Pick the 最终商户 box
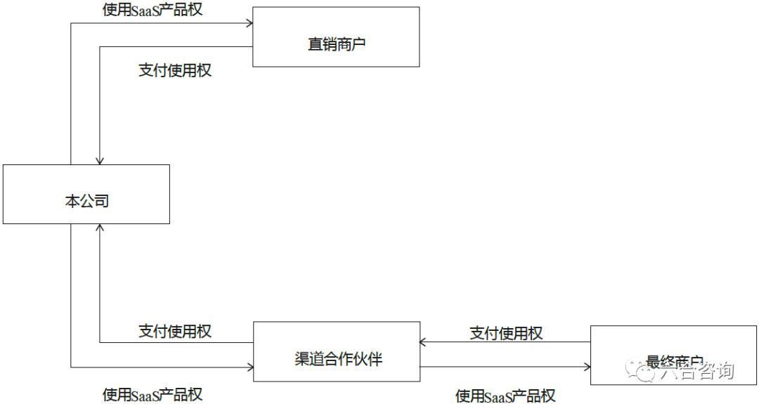coord(673,355)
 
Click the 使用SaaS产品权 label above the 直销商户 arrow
coord(153,11)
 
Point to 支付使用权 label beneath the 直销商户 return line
coord(175,70)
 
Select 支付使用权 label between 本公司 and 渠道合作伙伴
coord(175,330)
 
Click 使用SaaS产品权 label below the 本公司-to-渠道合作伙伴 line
coord(153,394)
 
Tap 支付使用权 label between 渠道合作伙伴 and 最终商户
coord(506,332)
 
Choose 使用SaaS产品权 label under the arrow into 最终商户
coord(505,396)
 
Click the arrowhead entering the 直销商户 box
coord(249,23)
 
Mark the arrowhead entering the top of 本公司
coord(100,161)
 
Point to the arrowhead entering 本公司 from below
coord(100,228)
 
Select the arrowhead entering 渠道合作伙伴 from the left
coord(249,367)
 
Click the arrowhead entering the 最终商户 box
coord(586,366)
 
